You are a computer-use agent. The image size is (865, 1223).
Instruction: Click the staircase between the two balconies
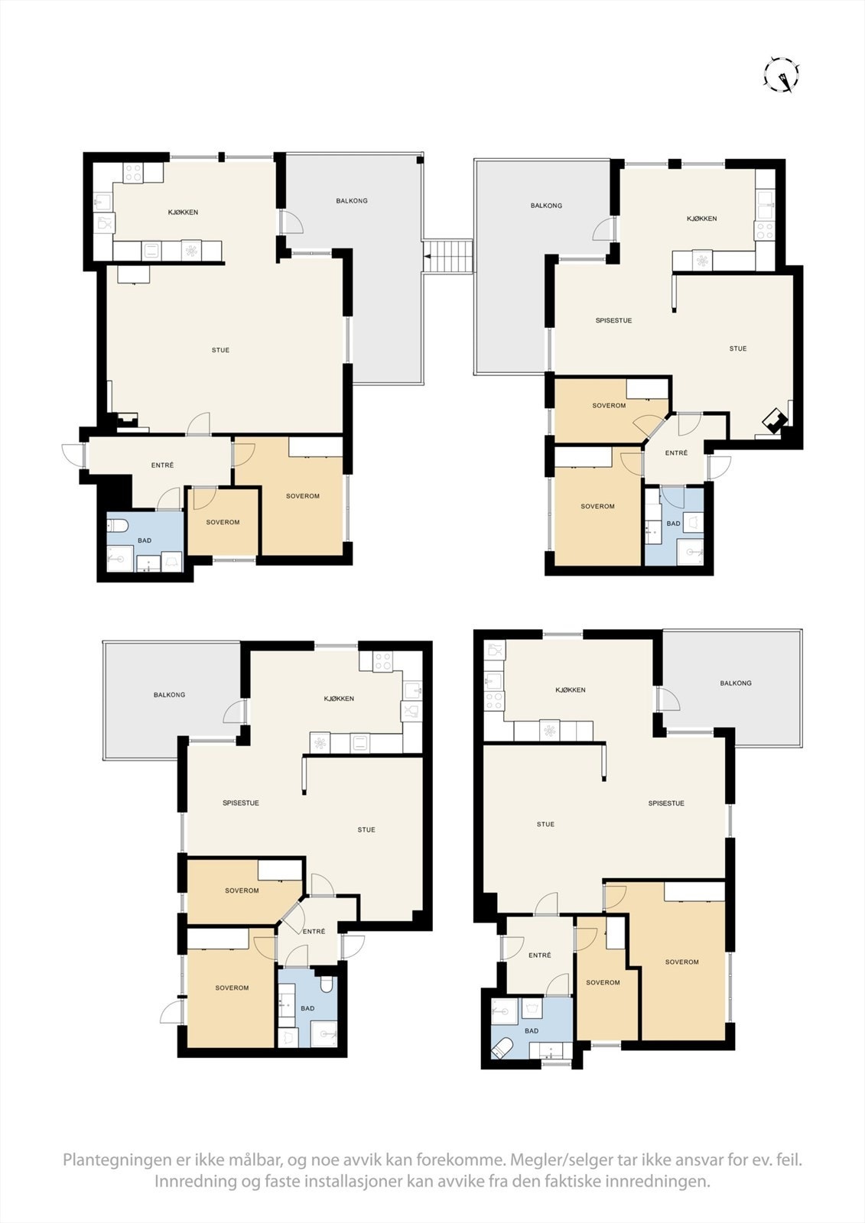coord(449,255)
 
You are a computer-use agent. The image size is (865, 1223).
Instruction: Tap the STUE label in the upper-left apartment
coord(220,350)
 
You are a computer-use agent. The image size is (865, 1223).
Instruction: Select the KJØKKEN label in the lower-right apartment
coord(570,689)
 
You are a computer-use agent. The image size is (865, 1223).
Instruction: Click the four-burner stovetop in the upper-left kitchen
coord(133,174)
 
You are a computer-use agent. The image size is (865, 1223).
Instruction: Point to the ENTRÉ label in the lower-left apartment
coord(314,931)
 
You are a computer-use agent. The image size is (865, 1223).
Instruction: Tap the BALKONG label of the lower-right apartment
coord(735,683)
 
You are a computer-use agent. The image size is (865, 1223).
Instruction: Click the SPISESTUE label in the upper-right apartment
coord(613,320)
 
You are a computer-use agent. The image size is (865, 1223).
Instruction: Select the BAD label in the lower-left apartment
coord(307,1008)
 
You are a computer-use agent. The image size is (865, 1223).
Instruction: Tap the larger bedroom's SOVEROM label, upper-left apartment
coord(302,496)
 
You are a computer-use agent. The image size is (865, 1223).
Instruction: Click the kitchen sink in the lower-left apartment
coord(412,690)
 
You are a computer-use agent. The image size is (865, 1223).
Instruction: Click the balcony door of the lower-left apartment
coord(233,712)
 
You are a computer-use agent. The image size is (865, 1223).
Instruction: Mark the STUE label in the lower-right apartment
coord(545,824)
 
